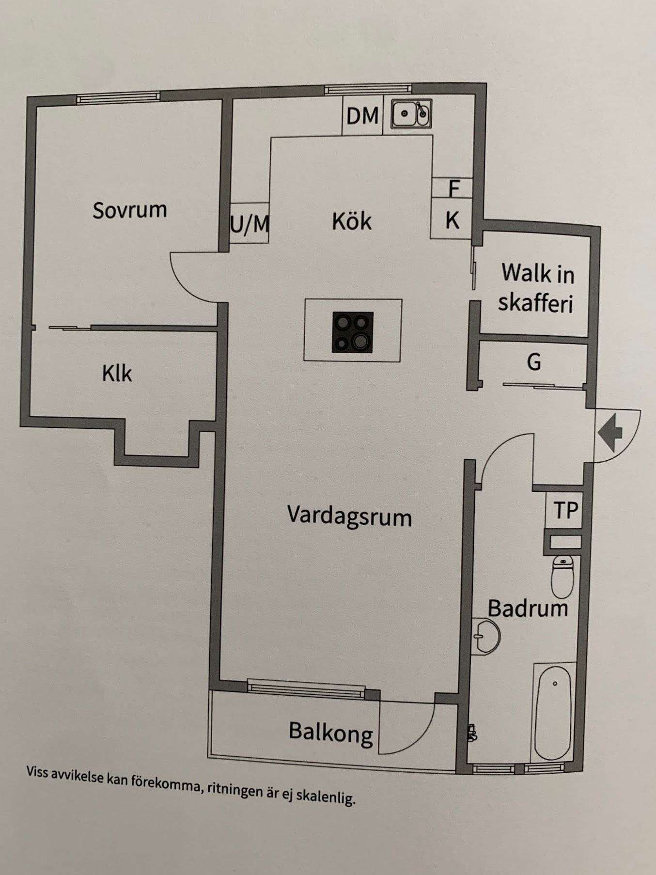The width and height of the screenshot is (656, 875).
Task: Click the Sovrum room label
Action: pos(130,210)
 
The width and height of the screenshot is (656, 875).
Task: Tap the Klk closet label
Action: pos(117,374)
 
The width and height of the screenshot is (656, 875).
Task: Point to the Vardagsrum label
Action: pos(349,516)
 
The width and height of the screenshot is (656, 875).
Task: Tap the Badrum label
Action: pos(528,609)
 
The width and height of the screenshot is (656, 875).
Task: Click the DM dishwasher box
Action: pos(362,116)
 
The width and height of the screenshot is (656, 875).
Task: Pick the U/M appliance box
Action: pos(250,223)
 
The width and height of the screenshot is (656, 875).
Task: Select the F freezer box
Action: pos(452,188)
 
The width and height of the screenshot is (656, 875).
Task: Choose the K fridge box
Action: pos(452,219)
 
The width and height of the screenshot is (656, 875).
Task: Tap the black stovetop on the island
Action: pos(353,332)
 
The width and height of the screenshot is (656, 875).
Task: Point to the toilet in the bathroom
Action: pos(562,576)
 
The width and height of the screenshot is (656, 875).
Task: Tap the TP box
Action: pos(565,511)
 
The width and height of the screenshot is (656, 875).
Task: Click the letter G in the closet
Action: pos(534,362)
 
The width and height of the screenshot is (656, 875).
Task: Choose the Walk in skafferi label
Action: pos(537,288)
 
